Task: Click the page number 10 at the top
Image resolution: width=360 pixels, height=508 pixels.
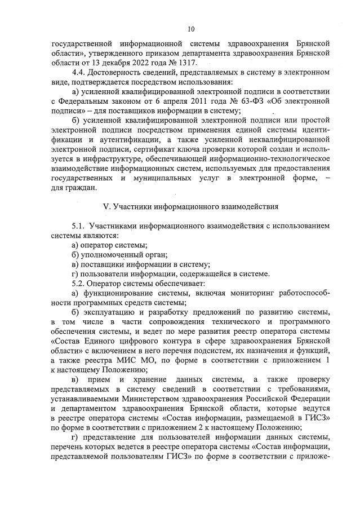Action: point(190,29)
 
